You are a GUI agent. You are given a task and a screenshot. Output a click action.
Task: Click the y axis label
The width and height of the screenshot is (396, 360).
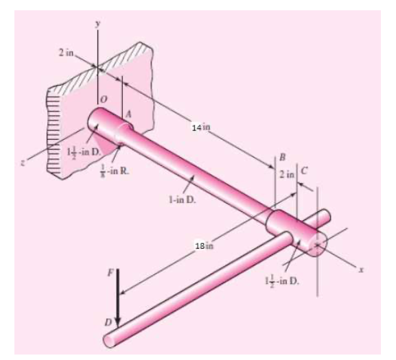click(x=98, y=23)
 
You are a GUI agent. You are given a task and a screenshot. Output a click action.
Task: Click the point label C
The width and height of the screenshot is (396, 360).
click(x=303, y=169)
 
